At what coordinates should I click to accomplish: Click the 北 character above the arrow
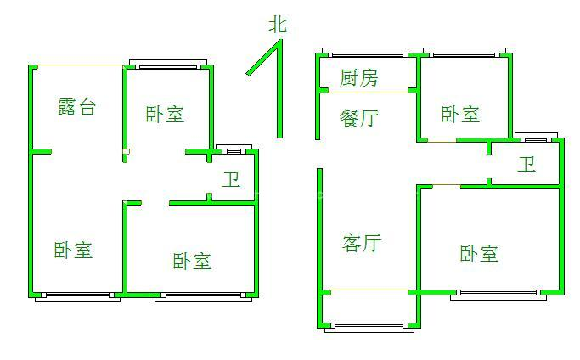click(x=278, y=25)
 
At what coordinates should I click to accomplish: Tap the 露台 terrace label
click(x=76, y=107)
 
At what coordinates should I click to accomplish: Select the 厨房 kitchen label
click(x=358, y=79)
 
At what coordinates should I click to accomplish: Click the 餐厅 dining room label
click(x=358, y=118)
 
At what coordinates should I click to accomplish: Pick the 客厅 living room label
click(x=362, y=244)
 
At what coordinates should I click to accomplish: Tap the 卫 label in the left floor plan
click(x=231, y=180)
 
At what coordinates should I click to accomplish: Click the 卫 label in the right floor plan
click(x=527, y=164)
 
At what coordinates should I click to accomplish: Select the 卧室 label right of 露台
click(x=165, y=115)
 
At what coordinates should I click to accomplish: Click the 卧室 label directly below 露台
click(x=73, y=250)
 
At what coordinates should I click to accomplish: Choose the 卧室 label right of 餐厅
click(x=460, y=115)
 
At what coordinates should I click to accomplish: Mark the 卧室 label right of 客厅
click(x=479, y=253)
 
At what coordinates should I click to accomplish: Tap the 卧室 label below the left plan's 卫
click(x=192, y=261)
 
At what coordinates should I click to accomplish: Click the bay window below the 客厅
click(x=369, y=325)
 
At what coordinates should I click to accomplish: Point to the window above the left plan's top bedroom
click(x=167, y=65)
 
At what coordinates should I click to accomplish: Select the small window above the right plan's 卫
click(x=536, y=137)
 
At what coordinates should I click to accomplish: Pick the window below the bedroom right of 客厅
click(x=497, y=295)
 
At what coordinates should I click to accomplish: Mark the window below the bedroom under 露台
click(x=77, y=295)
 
